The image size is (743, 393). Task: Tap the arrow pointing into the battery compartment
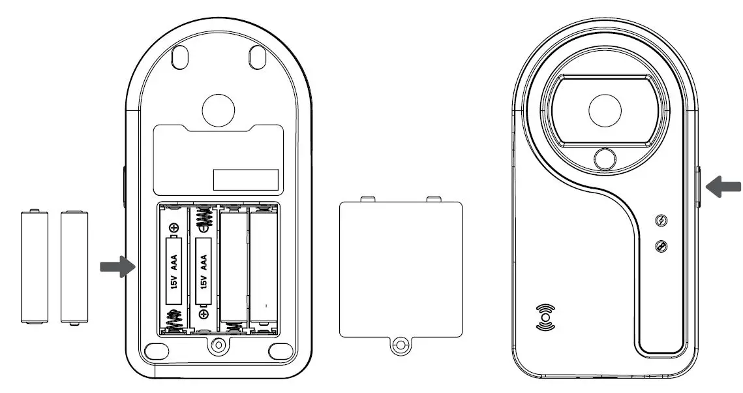115,266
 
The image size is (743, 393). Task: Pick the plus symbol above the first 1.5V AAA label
174,227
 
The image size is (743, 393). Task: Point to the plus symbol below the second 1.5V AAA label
204,314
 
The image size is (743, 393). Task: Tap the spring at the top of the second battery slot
204,217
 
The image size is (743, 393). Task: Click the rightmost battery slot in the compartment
263,268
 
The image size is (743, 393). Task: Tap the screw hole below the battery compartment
219,343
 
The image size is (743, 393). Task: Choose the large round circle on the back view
219,109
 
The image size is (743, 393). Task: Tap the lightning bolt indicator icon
661,220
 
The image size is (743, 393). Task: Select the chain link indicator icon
661,245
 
